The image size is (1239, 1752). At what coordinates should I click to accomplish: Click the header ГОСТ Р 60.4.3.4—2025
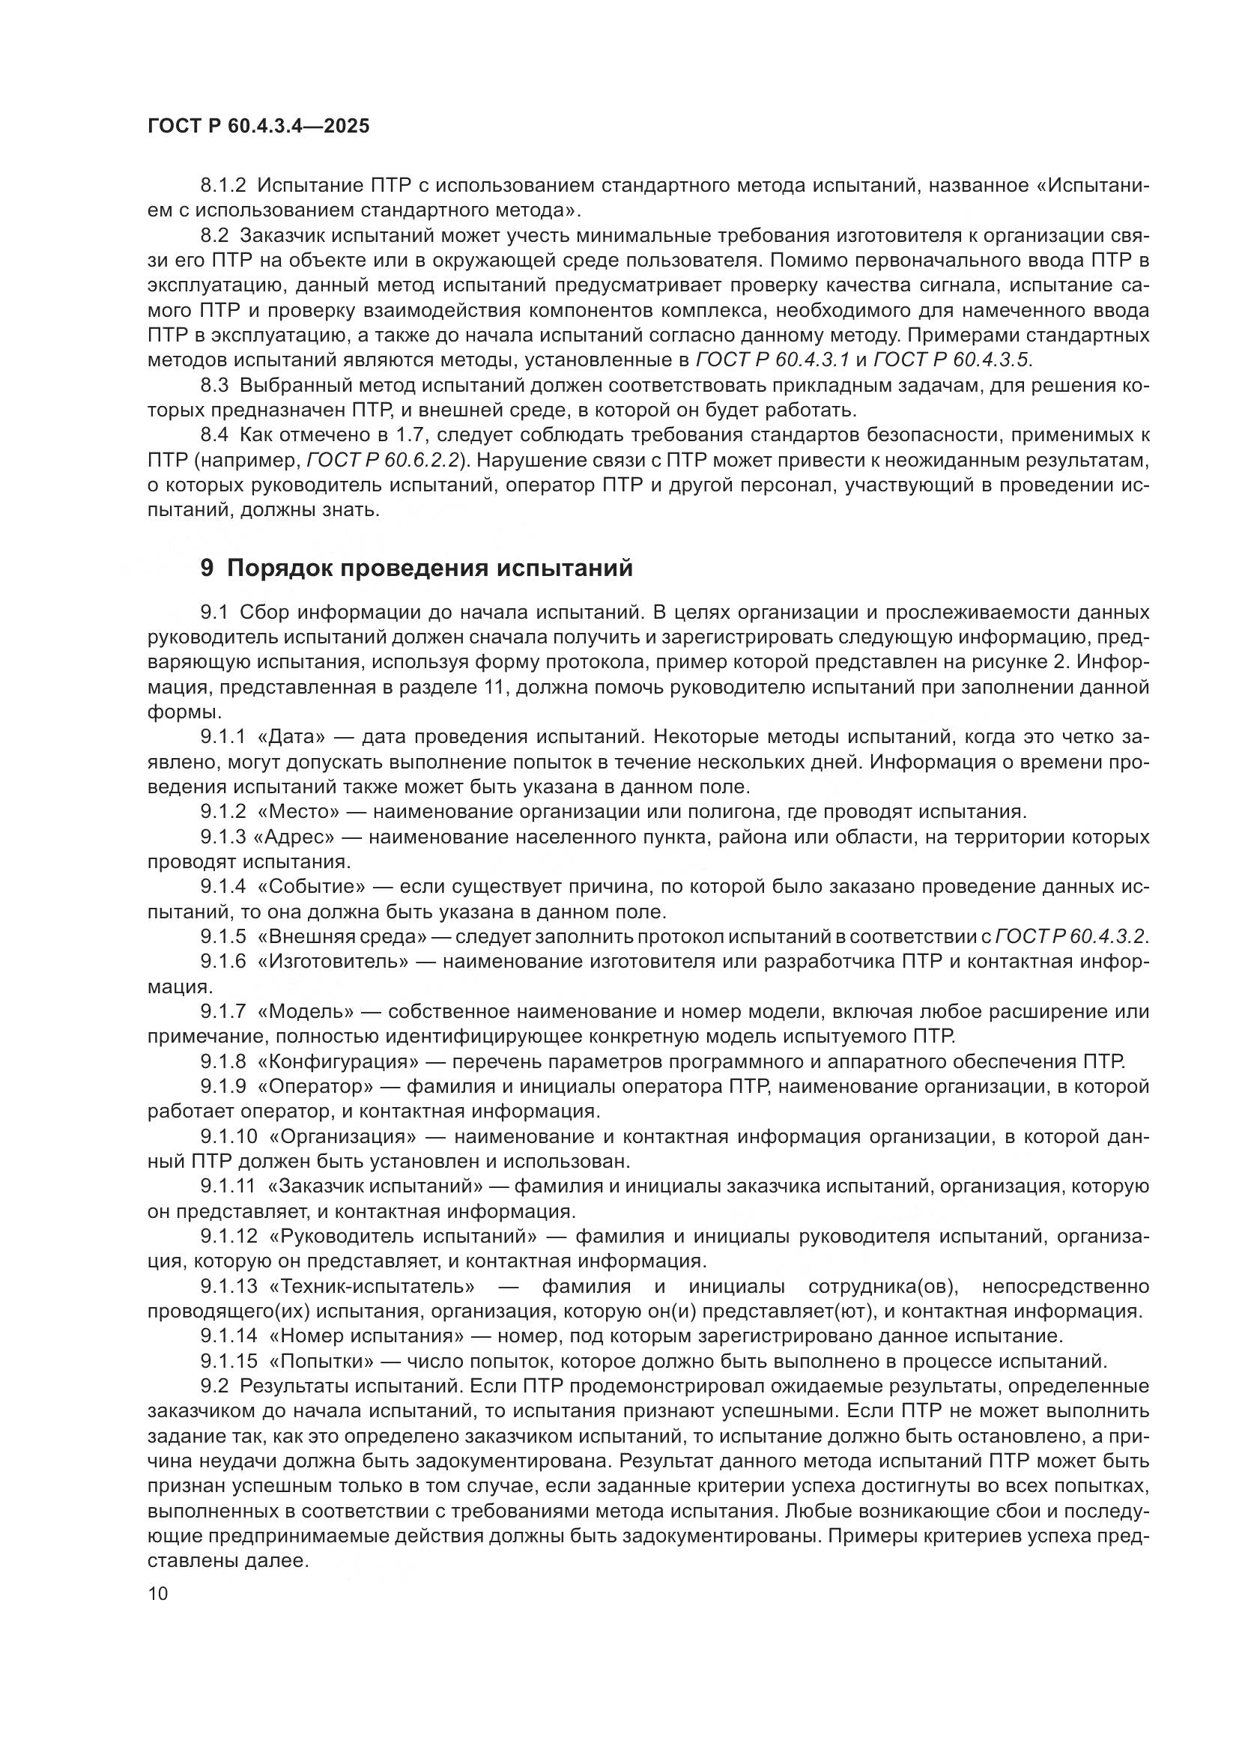(258, 127)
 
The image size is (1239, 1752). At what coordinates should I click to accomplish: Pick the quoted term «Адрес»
(298, 837)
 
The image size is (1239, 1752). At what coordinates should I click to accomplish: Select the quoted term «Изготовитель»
(334, 962)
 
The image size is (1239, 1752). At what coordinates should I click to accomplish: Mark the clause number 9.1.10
(229, 1136)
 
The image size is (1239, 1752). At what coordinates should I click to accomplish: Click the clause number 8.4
(213, 435)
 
